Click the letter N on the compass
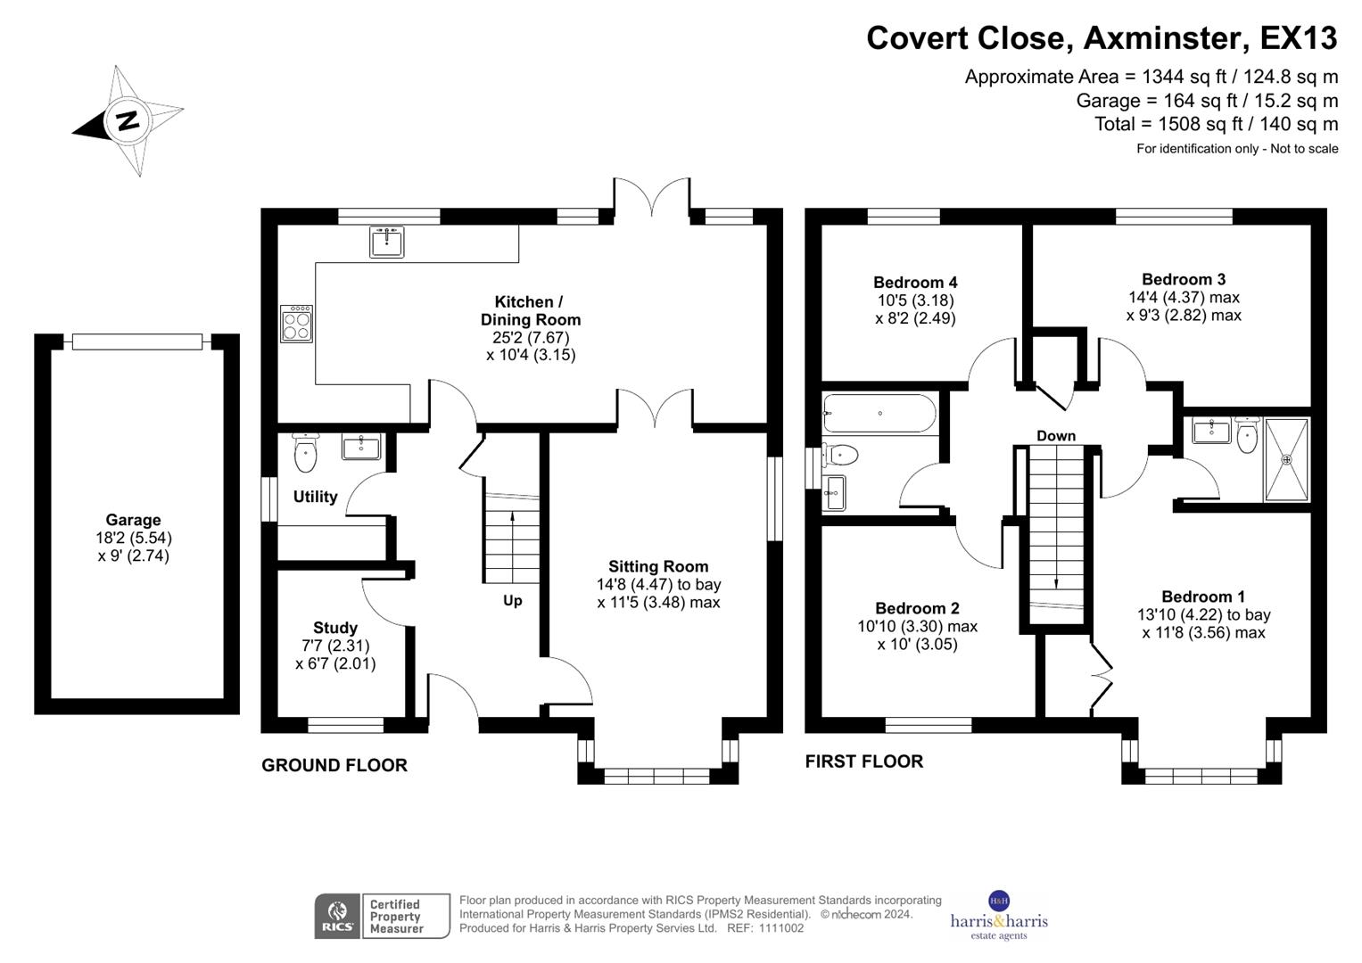click(x=128, y=120)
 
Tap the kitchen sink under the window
click(x=386, y=242)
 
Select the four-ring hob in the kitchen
click(x=296, y=324)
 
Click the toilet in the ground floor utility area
click(x=305, y=455)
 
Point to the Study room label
click(x=335, y=628)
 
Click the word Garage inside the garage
click(x=133, y=520)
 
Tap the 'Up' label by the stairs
click(x=512, y=601)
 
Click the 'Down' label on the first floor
click(x=1056, y=436)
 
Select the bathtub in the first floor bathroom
click(x=879, y=414)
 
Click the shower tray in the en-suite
click(x=1286, y=459)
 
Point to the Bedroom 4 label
click(x=915, y=283)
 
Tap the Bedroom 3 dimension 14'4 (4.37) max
click(x=1184, y=298)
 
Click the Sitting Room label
click(x=658, y=566)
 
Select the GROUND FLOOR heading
click(x=334, y=765)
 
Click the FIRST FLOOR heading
click(x=863, y=761)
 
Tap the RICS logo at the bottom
click(x=337, y=916)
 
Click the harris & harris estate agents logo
click(x=999, y=917)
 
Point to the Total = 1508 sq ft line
click(x=1216, y=124)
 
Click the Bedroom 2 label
click(x=917, y=608)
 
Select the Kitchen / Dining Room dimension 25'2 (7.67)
click(x=531, y=337)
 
